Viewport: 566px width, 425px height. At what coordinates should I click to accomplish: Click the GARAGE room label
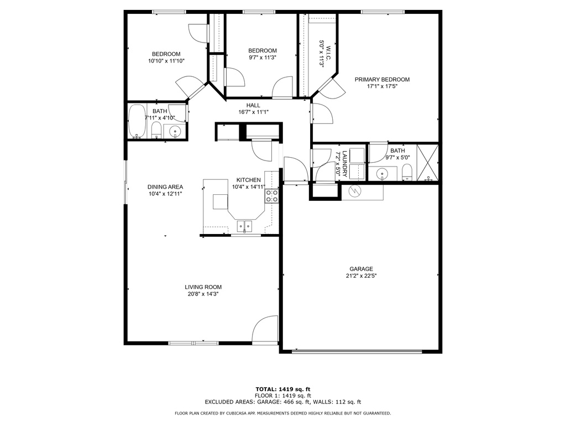tap(360, 268)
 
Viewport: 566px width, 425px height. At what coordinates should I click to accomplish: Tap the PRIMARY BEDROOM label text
tap(382, 79)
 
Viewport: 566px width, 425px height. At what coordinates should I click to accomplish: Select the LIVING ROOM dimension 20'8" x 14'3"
tap(203, 294)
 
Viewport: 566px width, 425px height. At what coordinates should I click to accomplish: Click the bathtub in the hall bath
tap(137, 122)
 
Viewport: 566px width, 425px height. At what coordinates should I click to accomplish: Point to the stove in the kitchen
tap(272, 195)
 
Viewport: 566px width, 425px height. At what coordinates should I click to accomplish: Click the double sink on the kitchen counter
tap(244, 226)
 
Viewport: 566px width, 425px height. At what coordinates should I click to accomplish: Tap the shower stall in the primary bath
tap(427, 163)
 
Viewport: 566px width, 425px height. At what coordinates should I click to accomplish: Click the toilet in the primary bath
tap(407, 172)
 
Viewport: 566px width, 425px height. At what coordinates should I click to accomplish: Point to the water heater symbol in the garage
tap(355, 191)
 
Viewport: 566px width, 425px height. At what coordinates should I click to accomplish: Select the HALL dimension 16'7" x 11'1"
tap(253, 112)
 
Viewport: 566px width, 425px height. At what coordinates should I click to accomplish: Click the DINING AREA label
tap(165, 186)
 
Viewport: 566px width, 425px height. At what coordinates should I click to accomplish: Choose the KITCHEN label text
tap(248, 180)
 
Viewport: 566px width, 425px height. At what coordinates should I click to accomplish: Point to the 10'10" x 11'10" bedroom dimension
tap(166, 61)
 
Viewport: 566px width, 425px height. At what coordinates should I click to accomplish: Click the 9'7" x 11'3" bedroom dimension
tap(262, 57)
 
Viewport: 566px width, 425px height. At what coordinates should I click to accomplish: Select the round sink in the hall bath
tap(175, 132)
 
